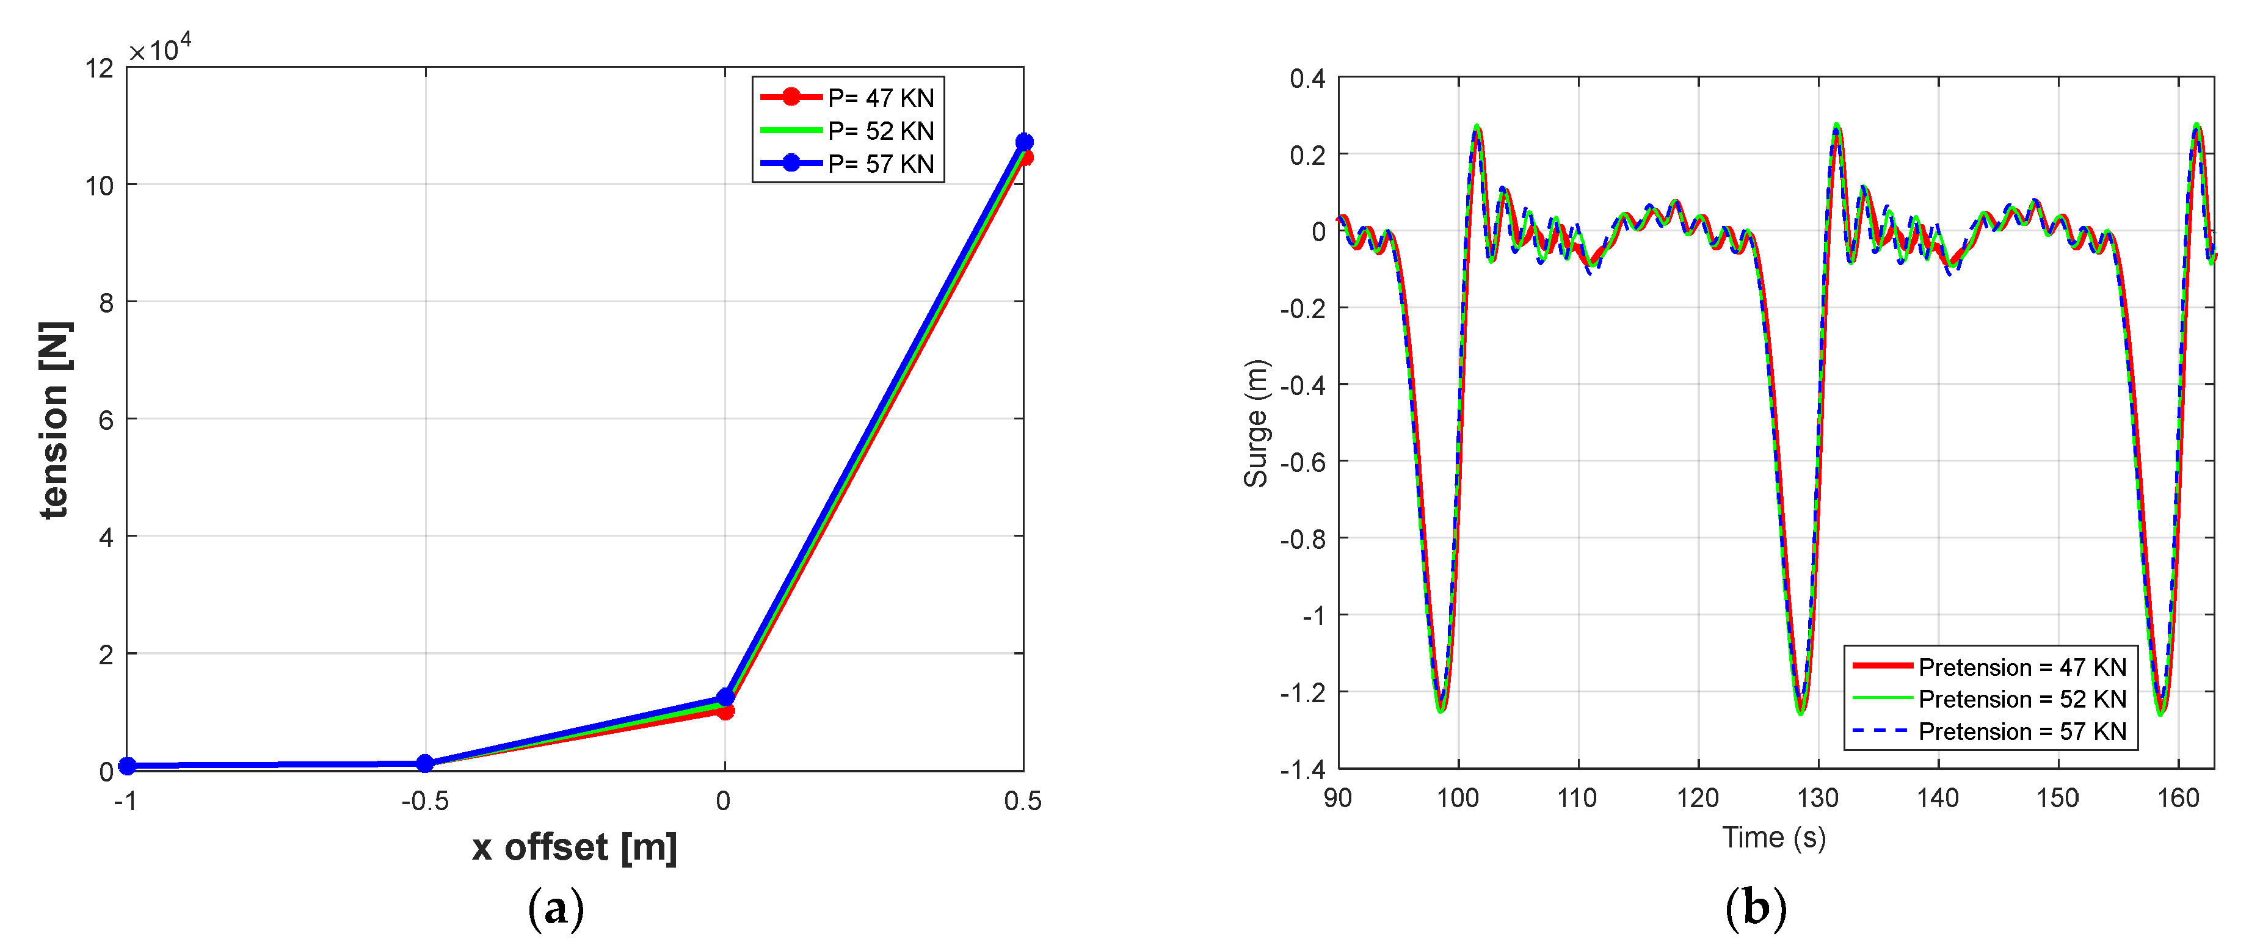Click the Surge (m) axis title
[x=1255, y=424]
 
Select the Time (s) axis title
[x=1774, y=838]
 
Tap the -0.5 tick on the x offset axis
[x=425, y=800]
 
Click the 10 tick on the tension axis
[x=100, y=185]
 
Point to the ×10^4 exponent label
[x=161, y=49]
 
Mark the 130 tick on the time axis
[x=1818, y=798]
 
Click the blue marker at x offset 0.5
[x=1024, y=142]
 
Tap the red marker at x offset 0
[x=725, y=712]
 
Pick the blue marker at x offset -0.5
[x=425, y=763]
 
